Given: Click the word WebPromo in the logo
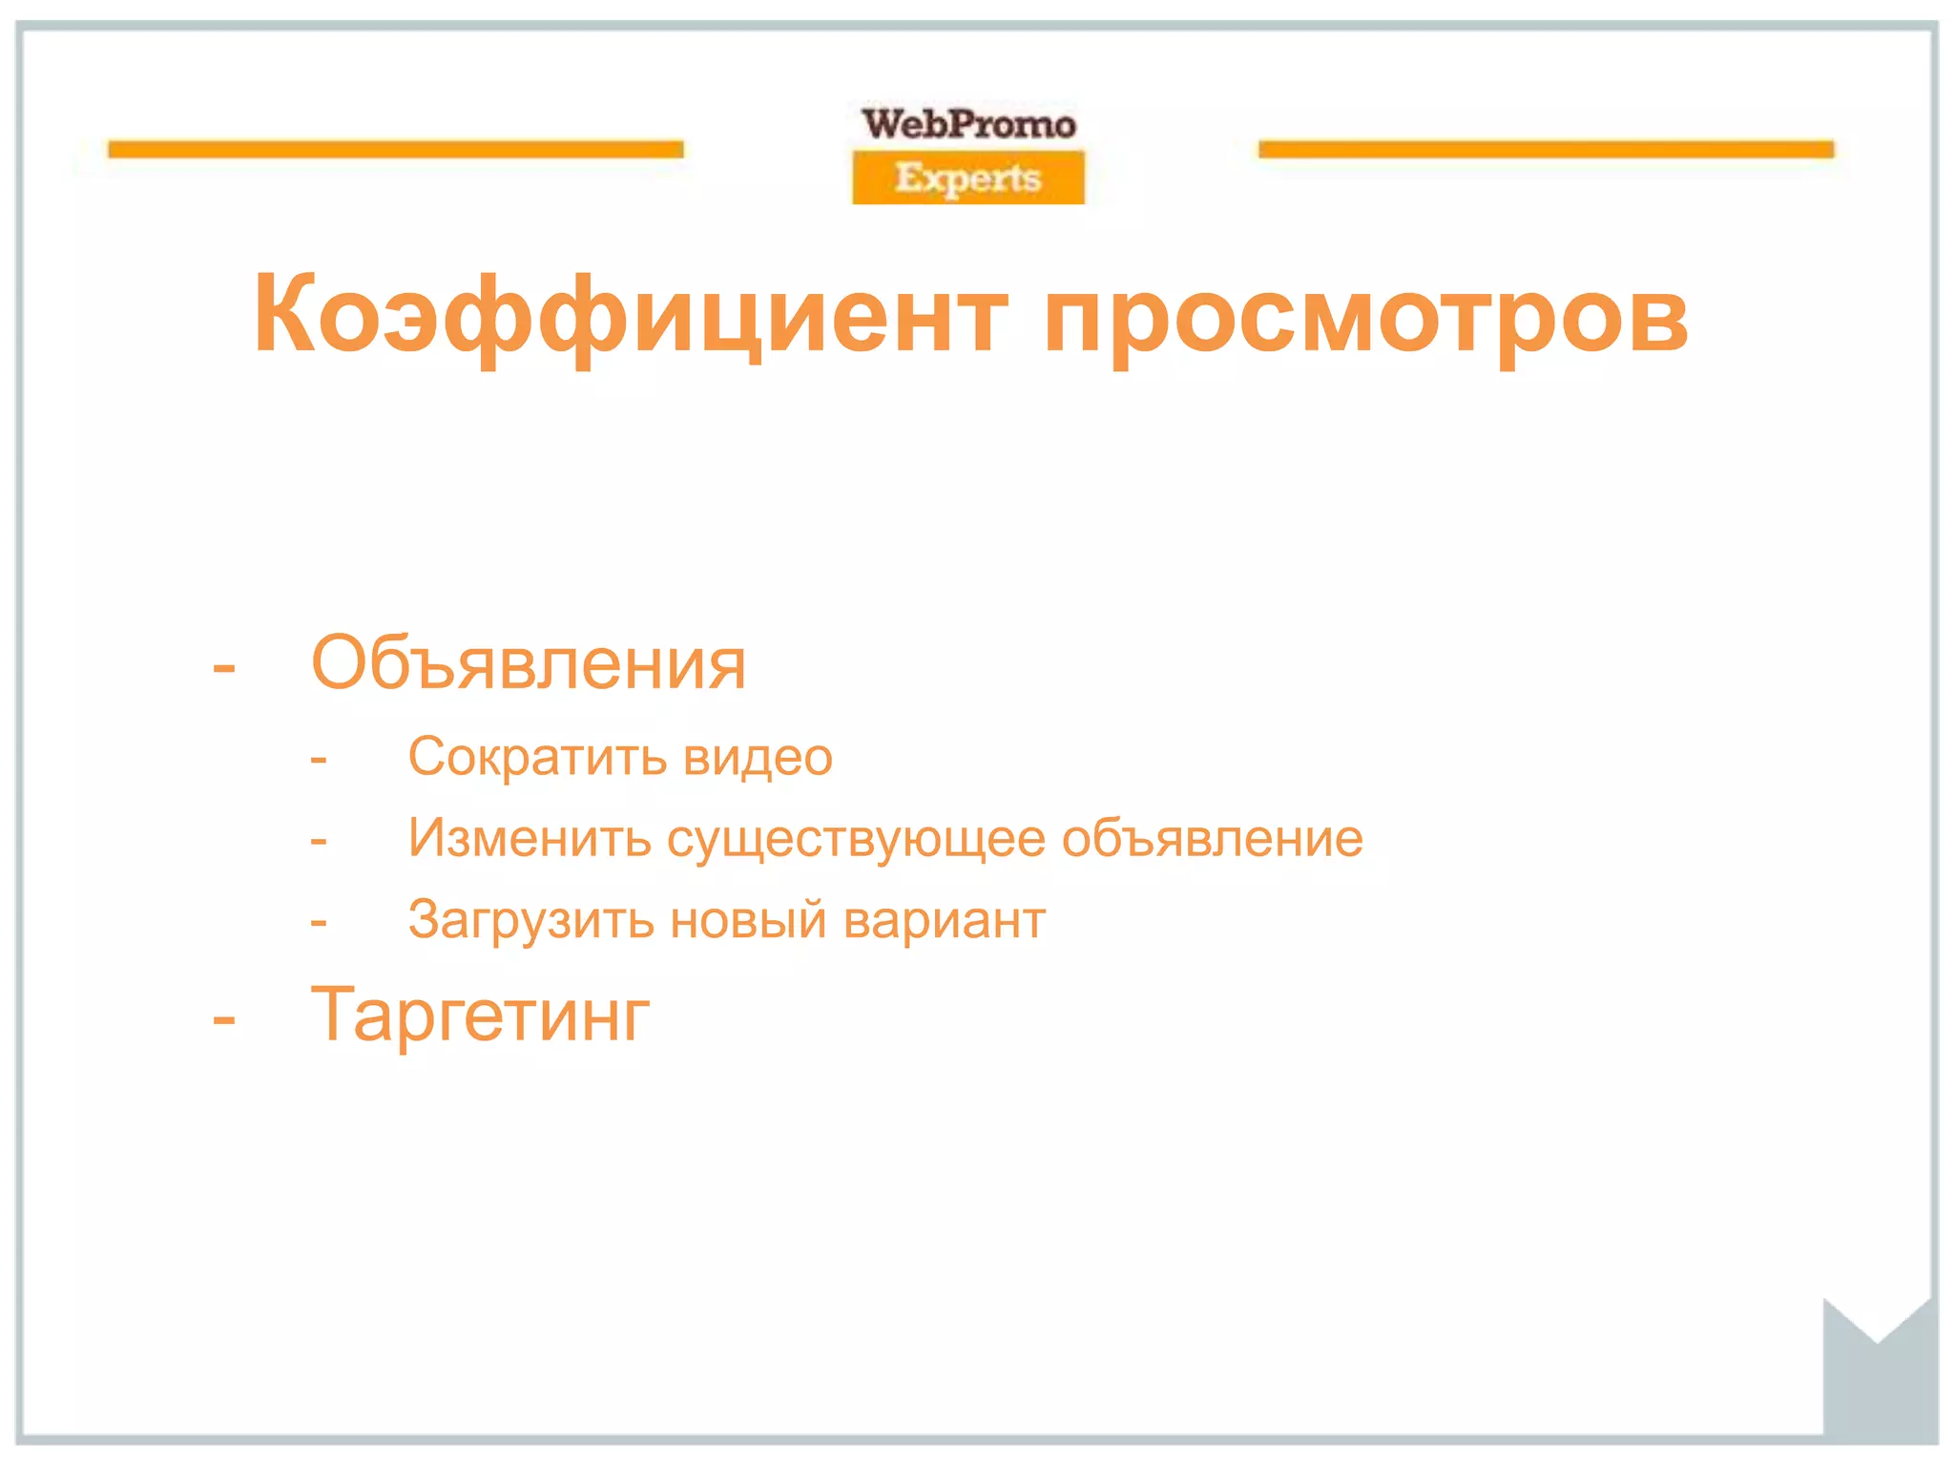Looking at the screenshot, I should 968,124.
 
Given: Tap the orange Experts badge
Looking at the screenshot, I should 968,178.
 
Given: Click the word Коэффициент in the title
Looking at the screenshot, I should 630,315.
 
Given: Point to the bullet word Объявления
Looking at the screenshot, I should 529,663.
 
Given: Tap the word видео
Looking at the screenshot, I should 759,757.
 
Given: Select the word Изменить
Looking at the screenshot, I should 530,838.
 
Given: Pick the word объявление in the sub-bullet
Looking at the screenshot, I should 1212,838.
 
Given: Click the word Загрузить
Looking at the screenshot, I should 530,921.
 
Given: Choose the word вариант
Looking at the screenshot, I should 945,920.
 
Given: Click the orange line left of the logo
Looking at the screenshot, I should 396,149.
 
